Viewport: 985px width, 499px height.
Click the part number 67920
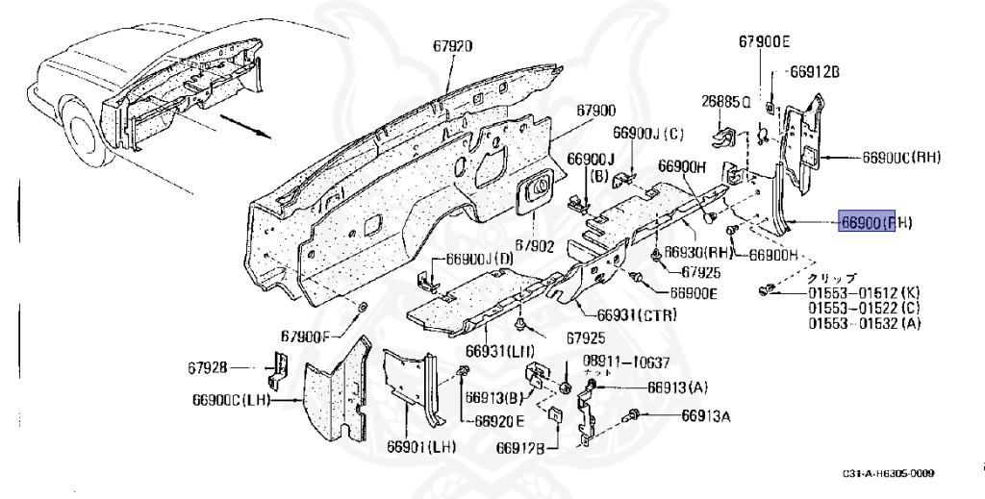click(x=452, y=46)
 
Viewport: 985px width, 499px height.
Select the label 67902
click(x=534, y=246)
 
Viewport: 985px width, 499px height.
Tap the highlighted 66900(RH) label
click(x=875, y=223)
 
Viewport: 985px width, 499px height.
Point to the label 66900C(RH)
click(x=901, y=158)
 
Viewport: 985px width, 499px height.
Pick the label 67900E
click(x=764, y=41)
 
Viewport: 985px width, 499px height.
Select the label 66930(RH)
click(x=704, y=252)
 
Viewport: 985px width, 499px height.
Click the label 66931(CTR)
click(x=636, y=314)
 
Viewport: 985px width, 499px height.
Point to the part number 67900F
click(x=306, y=336)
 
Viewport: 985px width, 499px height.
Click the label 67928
click(x=208, y=366)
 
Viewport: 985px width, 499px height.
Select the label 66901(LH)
click(x=421, y=447)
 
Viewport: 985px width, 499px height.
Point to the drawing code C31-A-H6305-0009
click(x=889, y=473)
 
